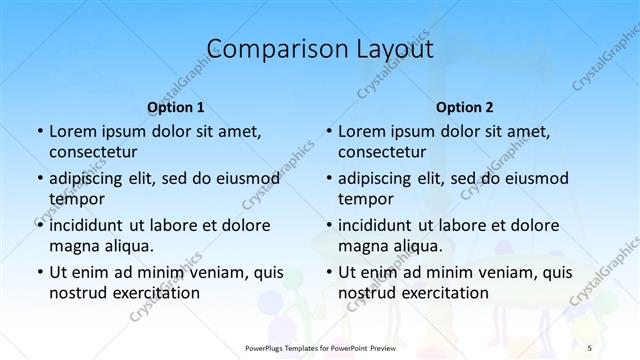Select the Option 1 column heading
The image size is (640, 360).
pyautogui.click(x=176, y=106)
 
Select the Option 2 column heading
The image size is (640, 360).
pyautogui.click(x=465, y=106)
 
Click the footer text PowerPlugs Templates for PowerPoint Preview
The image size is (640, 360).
pyautogui.click(x=320, y=347)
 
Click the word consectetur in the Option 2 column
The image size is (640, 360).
pyautogui.click(x=382, y=152)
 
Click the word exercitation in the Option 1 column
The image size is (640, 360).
pyautogui.click(x=155, y=292)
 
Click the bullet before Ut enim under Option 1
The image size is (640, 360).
pyautogui.click(x=38, y=272)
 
